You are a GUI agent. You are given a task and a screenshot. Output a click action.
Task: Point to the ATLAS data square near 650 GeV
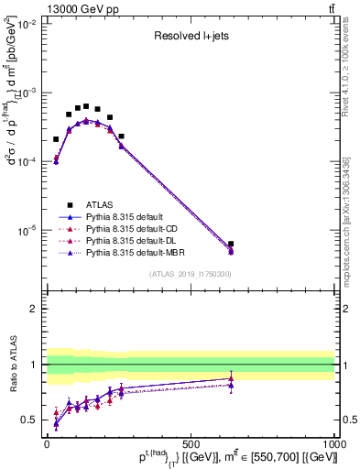(231, 245)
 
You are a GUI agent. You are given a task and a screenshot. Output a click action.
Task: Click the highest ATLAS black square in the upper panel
(86, 106)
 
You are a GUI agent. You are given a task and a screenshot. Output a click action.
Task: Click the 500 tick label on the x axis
(191, 443)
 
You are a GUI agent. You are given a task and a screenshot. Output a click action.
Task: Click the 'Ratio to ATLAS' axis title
(11, 365)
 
